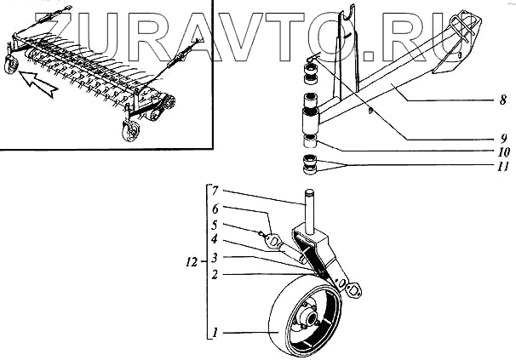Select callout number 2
pyautogui.click(x=216, y=275)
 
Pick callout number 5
pyautogui.click(x=216, y=226)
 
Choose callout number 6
pyautogui.click(x=216, y=209)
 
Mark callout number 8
pyautogui.click(x=503, y=100)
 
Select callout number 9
pyautogui.click(x=503, y=137)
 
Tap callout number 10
pyautogui.click(x=503, y=152)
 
